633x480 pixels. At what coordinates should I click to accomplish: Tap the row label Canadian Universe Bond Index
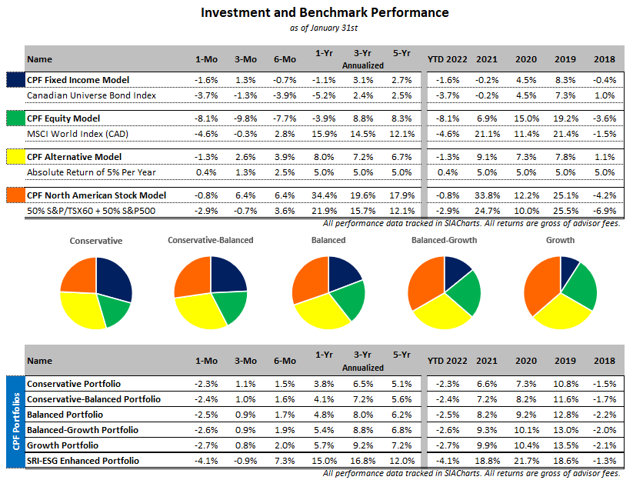coord(91,95)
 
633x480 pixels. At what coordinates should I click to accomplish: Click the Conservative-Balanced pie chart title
coord(210,240)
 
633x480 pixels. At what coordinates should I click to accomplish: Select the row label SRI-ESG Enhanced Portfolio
coord(83,460)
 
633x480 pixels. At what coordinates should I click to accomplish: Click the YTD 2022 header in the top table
coord(447,59)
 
